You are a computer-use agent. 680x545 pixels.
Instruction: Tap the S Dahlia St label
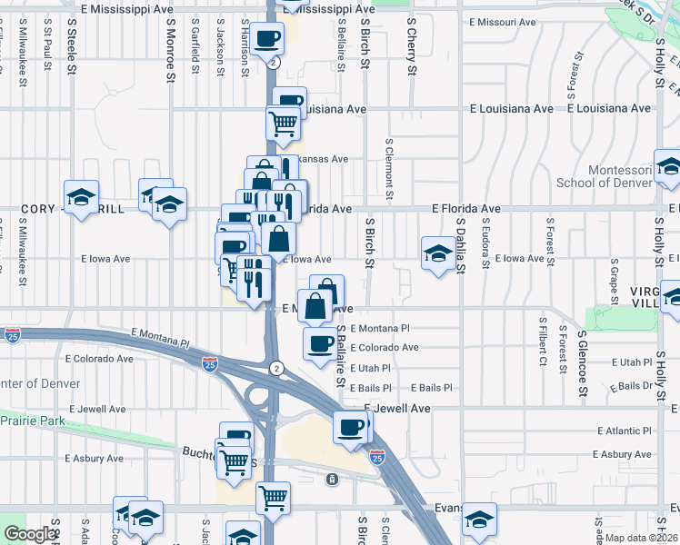[461, 243]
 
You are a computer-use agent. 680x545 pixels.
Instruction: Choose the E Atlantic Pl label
[625, 431]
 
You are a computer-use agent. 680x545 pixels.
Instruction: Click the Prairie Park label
[32, 421]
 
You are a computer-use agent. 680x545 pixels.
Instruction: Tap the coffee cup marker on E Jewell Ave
[351, 427]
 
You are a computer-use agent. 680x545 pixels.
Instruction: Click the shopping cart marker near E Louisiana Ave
[284, 121]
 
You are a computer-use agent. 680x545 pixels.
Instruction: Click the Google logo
[30, 534]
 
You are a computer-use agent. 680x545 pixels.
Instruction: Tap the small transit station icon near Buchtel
[333, 479]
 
